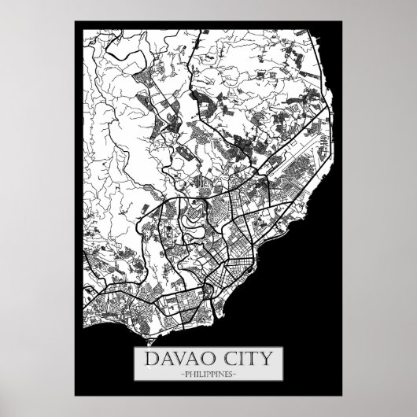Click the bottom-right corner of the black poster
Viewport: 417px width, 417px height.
pos(341,396)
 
